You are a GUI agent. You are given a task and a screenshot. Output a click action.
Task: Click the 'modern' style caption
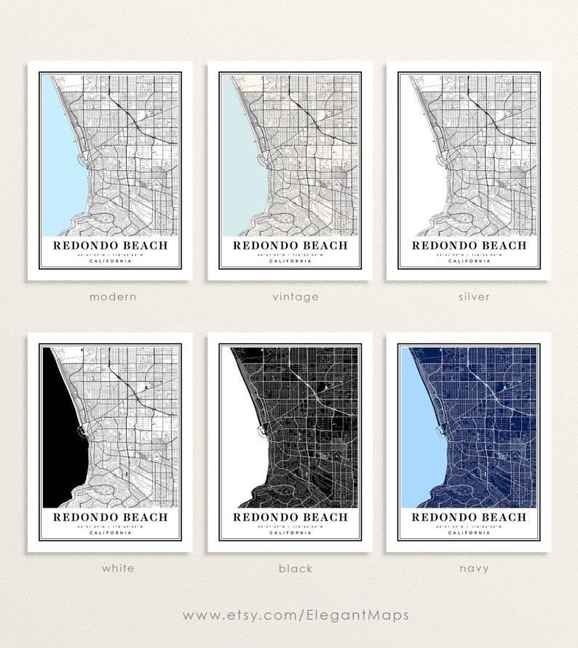(x=112, y=297)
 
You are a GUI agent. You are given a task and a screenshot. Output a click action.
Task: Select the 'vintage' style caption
(x=290, y=297)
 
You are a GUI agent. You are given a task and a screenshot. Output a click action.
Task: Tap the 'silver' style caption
(x=469, y=297)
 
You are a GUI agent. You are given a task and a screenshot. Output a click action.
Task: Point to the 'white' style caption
(x=112, y=568)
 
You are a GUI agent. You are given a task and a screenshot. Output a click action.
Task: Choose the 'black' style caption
(x=290, y=568)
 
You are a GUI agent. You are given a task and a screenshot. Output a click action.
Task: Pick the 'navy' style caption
(x=469, y=568)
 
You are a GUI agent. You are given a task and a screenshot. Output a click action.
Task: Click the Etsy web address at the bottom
(x=289, y=615)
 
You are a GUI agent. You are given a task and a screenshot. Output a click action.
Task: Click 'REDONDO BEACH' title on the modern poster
(x=111, y=245)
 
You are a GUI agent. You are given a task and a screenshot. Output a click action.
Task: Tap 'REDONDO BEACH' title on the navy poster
(x=469, y=517)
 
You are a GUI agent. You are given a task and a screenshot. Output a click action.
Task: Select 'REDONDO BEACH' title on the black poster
(x=290, y=517)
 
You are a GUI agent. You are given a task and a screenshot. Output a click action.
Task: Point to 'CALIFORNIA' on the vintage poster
(x=290, y=261)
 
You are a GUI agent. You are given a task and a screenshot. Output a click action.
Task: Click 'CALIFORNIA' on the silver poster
(x=469, y=261)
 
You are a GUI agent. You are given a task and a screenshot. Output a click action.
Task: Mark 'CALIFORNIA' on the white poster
(x=111, y=533)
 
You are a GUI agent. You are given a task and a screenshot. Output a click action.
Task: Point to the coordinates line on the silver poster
(x=469, y=255)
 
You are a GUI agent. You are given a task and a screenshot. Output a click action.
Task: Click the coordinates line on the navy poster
(x=469, y=527)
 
